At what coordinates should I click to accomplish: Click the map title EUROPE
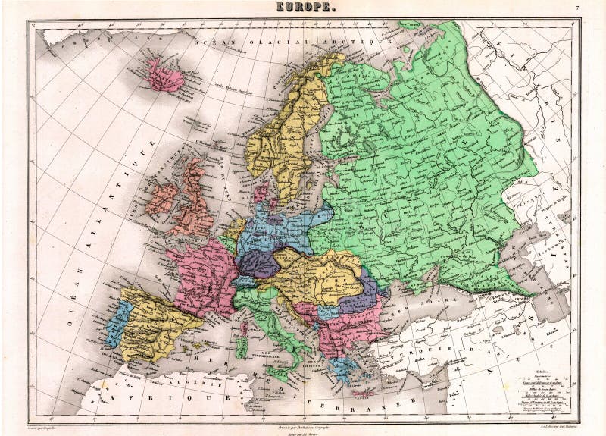point(302,8)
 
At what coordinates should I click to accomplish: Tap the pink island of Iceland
point(164,75)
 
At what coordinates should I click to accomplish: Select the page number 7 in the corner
point(577,8)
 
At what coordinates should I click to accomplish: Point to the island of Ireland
point(162,199)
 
